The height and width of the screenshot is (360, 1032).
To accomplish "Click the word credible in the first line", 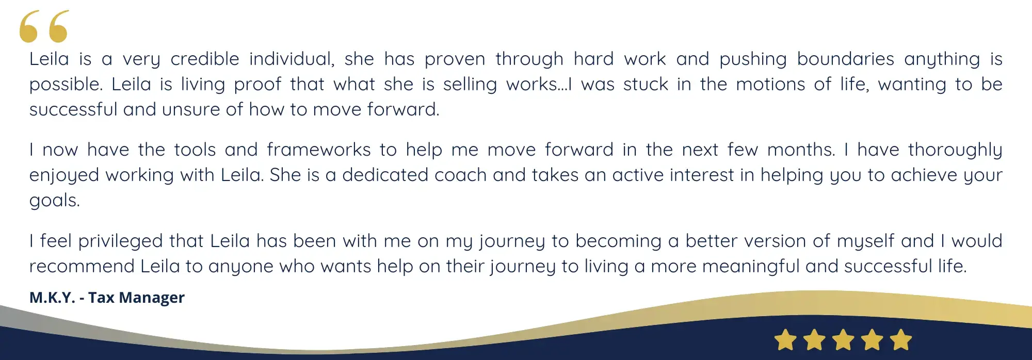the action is click(205, 59).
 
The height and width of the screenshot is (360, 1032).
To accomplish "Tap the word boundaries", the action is click(845, 59).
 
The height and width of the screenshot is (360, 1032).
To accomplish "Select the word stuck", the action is click(646, 84).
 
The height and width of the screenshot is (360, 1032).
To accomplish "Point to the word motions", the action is click(770, 84).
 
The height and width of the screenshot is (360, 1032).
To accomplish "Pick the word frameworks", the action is click(319, 150).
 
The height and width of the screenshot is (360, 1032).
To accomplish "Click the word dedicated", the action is click(385, 175).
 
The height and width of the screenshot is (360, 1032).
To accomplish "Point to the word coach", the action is click(461, 175).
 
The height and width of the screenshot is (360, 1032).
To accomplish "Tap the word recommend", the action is click(82, 266).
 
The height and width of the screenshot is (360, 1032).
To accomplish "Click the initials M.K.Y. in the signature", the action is click(52, 298).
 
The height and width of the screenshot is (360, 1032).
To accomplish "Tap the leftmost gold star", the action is click(785, 340).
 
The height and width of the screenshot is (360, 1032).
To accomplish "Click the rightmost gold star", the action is click(901, 340).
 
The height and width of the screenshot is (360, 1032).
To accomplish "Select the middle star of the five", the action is click(843, 340).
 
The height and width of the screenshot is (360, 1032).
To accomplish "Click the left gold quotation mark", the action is click(29, 27).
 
